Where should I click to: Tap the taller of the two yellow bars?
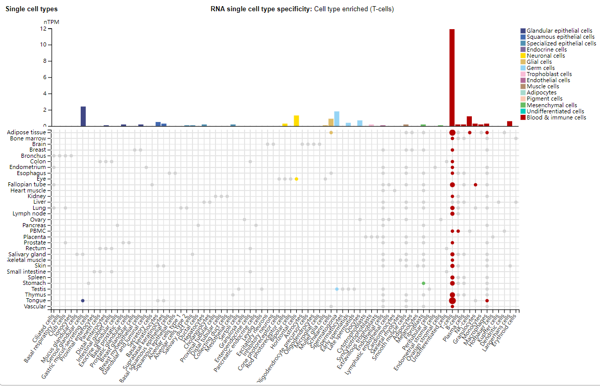pyautogui.click(x=296, y=121)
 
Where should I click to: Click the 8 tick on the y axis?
pyautogui.click(x=48, y=61)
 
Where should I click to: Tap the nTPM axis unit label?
pyautogui.click(x=51, y=22)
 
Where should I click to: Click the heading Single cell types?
pyautogui.click(x=32, y=9)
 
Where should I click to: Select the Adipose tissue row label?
pyautogui.click(x=27, y=133)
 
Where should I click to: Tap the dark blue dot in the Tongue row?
pyautogui.click(x=83, y=301)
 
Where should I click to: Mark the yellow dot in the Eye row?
pyautogui.click(x=296, y=179)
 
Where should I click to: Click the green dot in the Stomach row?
pyautogui.click(x=423, y=283)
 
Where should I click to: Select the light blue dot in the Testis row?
pyautogui.click(x=337, y=289)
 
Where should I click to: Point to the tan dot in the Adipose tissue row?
pyautogui.click(x=331, y=133)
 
